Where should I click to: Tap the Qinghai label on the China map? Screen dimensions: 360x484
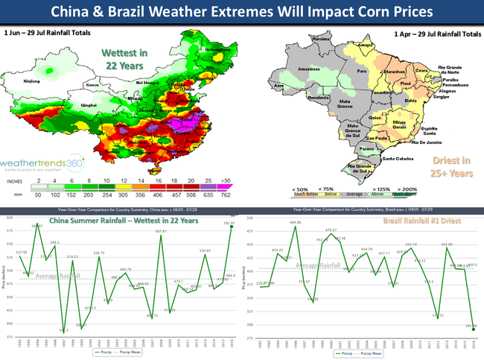click(89, 105)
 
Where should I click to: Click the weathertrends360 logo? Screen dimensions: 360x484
click(42, 163)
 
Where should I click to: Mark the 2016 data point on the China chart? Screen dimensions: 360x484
click(230, 229)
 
